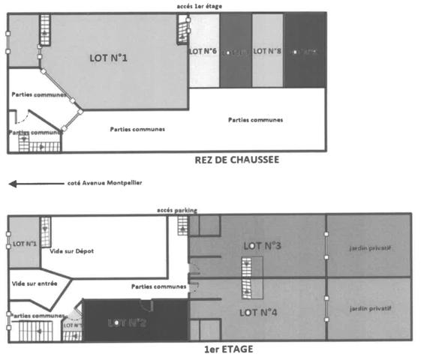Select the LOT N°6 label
click(x=203, y=51)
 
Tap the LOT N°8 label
click(x=267, y=51)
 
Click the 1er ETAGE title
click(x=228, y=349)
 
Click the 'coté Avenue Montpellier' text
click(x=104, y=182)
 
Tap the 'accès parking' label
click(x=176, y=210)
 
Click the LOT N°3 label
click(x=262, y=245)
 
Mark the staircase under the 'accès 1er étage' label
click(x=182, y=31)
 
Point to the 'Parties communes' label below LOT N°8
click(x=255, y=119)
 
